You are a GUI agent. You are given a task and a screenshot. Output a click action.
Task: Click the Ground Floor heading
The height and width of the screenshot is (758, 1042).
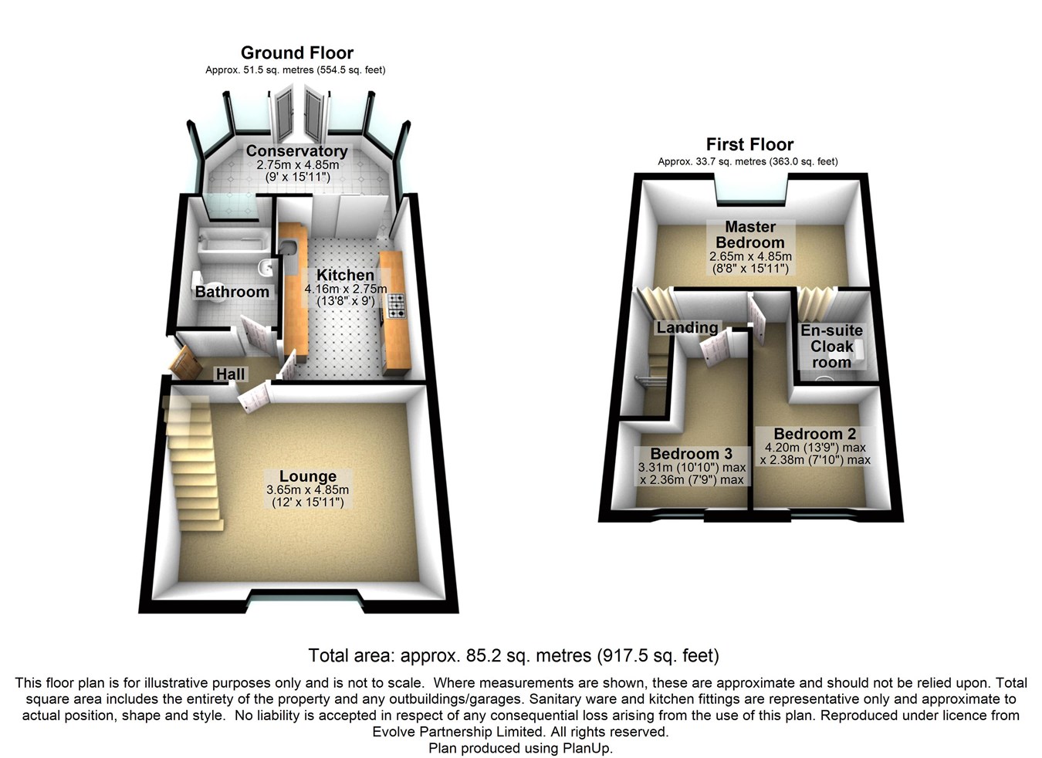(x=297, y=53)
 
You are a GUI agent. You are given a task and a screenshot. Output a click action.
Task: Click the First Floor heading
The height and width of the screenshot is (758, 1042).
(x=749, y=145)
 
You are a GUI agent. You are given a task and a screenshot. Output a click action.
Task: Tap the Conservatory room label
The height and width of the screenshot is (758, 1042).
(x=296, y=151)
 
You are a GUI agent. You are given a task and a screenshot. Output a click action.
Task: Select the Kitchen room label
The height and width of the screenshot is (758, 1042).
(x=345, y=276)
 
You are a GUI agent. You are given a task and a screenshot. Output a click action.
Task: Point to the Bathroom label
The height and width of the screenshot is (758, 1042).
(x=232, y=292)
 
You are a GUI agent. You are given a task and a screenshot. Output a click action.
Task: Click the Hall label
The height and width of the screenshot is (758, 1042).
(x=230, y=374)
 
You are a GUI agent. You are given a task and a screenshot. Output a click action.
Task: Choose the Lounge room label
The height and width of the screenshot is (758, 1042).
(x=307, y=476)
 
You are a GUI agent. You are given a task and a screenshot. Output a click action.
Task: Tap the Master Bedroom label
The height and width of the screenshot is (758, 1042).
(x=750, y=235)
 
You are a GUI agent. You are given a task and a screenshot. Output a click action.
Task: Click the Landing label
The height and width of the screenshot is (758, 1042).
(x=687, y=328)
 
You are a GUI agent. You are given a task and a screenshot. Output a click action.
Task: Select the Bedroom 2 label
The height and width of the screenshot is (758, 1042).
(x=814, y=434)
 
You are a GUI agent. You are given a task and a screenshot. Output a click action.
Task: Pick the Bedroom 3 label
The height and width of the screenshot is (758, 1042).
(x=691, y=454)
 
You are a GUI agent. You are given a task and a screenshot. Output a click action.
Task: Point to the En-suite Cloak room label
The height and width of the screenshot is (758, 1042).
(x=831, y=347)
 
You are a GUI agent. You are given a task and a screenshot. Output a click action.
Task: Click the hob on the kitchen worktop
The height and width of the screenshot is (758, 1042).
(x=396, y=306)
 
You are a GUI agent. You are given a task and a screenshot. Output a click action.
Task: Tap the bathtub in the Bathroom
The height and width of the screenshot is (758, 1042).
(x=232, y=245)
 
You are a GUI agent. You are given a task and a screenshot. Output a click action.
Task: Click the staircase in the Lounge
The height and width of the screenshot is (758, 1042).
(x=193, y=463)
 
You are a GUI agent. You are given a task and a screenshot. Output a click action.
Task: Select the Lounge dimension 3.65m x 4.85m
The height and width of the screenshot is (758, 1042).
(x=307, y=490)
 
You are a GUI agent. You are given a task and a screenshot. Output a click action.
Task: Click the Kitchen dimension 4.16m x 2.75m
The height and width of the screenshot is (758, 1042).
(x=346, y=289)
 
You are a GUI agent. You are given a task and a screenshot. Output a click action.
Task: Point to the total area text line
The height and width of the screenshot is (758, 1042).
(x=513, y=656)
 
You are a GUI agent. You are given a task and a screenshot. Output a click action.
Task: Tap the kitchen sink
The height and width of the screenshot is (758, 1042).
(x=289, y=249)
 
